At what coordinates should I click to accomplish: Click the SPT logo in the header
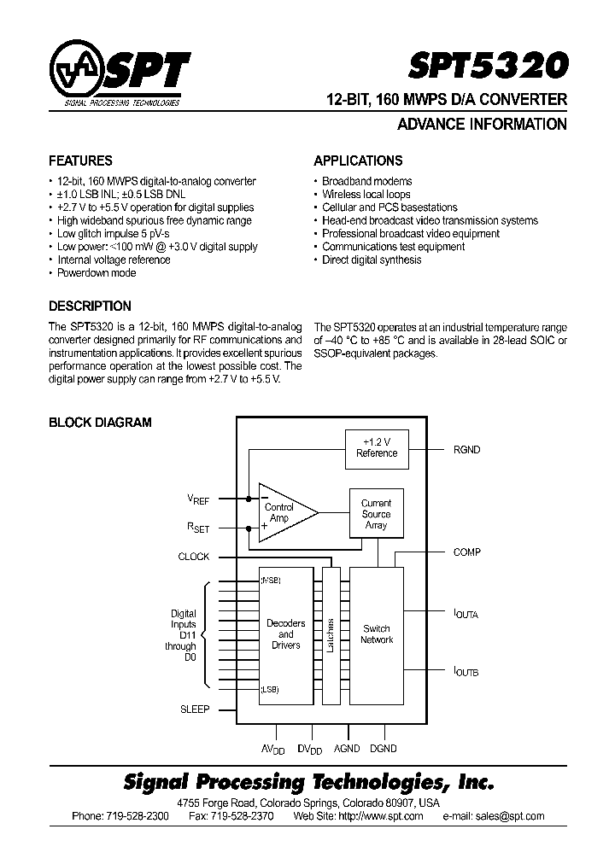pyautogui.click(x=120, y=78)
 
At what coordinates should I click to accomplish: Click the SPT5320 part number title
pyautogui.click(x=498, y=67)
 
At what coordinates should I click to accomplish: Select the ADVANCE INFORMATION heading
pyautogui.click(x=482, y=125)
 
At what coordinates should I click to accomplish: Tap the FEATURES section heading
pyautogui.click(x=80, y=161)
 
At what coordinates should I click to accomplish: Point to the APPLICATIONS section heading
pyautogui.click(x=358, y=161)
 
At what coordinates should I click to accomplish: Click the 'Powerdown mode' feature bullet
pyautogui.click(x=96, y=273)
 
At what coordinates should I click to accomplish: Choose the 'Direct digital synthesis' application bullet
pyautogui.click(x=371, y=260)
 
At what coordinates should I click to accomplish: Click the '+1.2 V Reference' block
pyautogui.click(x=377, y=447)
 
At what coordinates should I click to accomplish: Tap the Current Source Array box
pyautogui.click(x=376, y=515)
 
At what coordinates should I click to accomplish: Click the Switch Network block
pyautogui.click(x=376, y=633)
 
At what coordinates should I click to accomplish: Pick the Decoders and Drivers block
pyautogui.click(x=285, y=634)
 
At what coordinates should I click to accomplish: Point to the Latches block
pyautogui.click(x=331, y=634)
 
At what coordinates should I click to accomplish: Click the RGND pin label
pyautogui.click(x=468, y=449)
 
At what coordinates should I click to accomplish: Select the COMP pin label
pyautogui.click(x=467, y=552)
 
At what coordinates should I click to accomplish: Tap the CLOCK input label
pyautogui.click(x=193, y=557)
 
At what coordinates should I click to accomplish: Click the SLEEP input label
pyautogui.click(x=194, y=709)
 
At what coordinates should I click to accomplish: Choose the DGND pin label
pyautogui.click(x=383, y=749)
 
